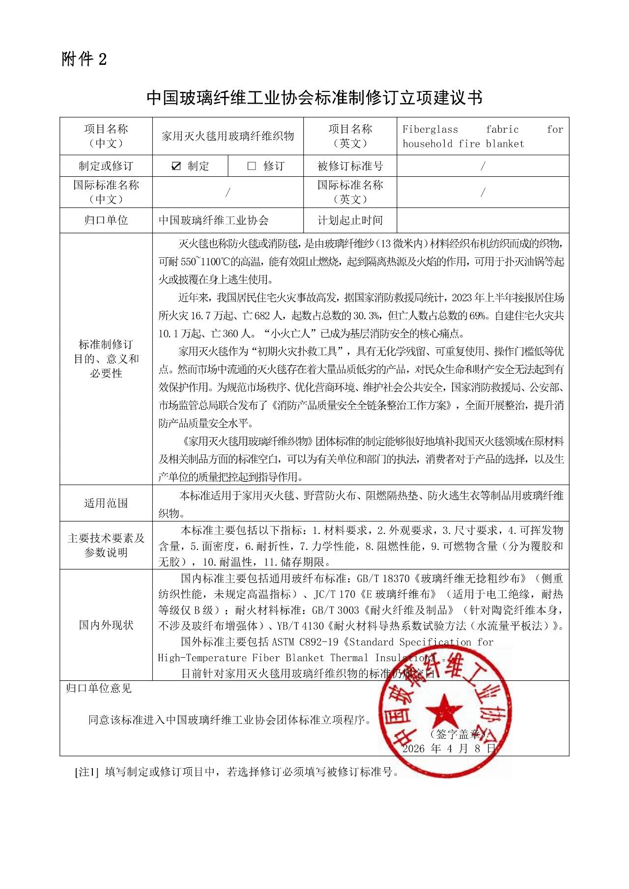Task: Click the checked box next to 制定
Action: point(176,166)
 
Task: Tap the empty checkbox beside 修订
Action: point(252,166)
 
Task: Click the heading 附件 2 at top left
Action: point(84,59)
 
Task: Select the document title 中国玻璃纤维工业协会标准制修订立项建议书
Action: point(314,97)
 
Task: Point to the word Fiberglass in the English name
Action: point(430,130)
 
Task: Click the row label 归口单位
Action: point(106,220)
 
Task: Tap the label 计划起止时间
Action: point(350,220)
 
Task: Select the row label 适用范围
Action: point(106,503)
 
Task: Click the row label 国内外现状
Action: point(106,625)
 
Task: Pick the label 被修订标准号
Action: point(350,166)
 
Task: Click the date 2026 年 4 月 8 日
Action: point(449,749)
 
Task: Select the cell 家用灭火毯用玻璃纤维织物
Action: point(228,136)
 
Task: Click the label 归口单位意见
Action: point(99,688)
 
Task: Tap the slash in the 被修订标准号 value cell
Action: point(483,166)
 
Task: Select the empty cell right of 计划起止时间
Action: point(483,220)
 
